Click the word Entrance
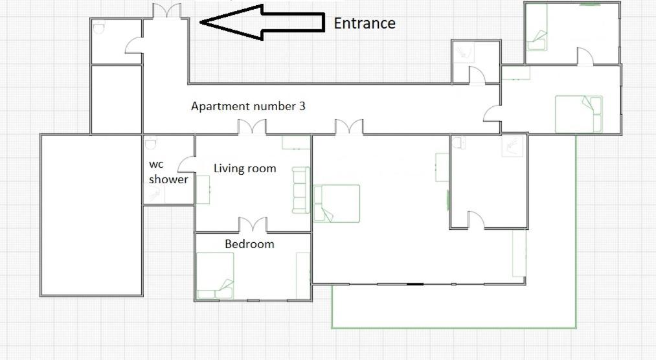click(x=365, y=23)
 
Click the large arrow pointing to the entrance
click(x=262, y=22)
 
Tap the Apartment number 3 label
click(x=248, y=106)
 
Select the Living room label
click(x=245, y=168)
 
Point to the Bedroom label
click(x=249, y=244)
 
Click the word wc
click(x=156, y=164)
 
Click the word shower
click(x=168, y=179)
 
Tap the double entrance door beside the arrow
click(x=167, y=11)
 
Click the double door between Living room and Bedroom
click(x=253, y=225)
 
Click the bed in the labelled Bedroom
click(x=215, y=276)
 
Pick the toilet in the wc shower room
click(x=151, y=143)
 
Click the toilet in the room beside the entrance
click(x=98, y=28)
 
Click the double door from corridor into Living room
click(x=252, y=127)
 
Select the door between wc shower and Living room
click(x=187, y=164)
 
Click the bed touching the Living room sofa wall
click(x=337, y=203)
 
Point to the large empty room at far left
click(x=91, y=215)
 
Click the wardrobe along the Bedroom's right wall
click(x=303, y=276)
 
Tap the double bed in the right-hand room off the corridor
click(x=578, y=114)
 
